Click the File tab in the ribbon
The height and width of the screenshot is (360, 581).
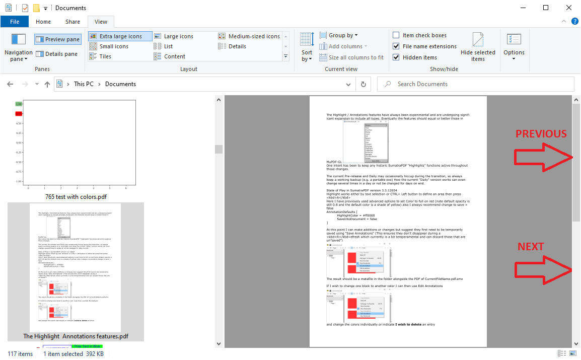(x=15, y=22)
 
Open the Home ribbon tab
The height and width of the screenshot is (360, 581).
(x=43, y=22)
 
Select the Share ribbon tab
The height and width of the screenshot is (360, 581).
(x=72, y=22)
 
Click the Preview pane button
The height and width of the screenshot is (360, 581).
(x=57, y=39)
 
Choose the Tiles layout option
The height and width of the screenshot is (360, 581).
(x=100, y=56)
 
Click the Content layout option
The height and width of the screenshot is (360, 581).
(x=169, y=56)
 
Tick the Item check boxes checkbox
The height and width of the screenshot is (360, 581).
(x=396, y=35)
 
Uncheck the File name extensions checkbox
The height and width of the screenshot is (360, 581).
(x=396, y=46)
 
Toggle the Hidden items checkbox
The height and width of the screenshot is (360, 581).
(x=396, y=57)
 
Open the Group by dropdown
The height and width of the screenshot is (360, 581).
(x=339, y=35)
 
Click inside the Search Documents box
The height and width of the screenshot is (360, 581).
(x=478, y=84)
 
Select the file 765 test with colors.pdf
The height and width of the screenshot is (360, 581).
(x=76, y=149)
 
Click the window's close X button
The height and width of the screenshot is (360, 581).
(x=569, y=8)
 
